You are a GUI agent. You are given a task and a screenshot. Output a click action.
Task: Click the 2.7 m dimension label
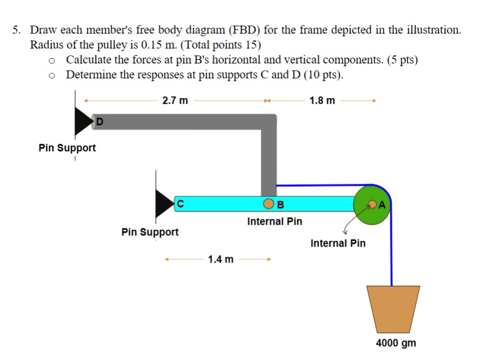(x=175, y=100)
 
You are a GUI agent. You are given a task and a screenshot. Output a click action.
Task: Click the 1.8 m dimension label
(x=322, y=100)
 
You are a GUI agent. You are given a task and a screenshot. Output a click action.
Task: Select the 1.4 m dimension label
(x=220, y=259)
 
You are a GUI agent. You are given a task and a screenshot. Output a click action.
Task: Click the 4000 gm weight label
(x=396, y=343)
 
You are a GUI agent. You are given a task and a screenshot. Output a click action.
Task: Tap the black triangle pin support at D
(x=83, y=122)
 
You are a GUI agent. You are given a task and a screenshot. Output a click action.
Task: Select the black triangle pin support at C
(x=164, y=203)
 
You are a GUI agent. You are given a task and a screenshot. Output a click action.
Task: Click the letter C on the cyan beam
(x=181, y=203)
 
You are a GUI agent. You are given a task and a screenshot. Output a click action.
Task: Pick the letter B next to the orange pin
(x=281, y=204)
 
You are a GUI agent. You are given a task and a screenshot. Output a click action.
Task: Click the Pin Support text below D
(x=67, y=148)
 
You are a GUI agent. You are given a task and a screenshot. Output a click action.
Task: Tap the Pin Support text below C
(x=150, y=232)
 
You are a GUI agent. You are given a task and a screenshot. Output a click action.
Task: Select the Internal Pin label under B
(x=274, y=221)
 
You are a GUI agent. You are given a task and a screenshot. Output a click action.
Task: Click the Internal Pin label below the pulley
(x=338, y=243)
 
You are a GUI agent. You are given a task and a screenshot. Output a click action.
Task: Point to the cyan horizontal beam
(x=224, y=204)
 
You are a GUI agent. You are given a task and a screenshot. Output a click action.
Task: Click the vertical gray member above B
(x=268, y=160)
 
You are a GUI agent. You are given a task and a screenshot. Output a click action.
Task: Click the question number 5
(x=16, y=30)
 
